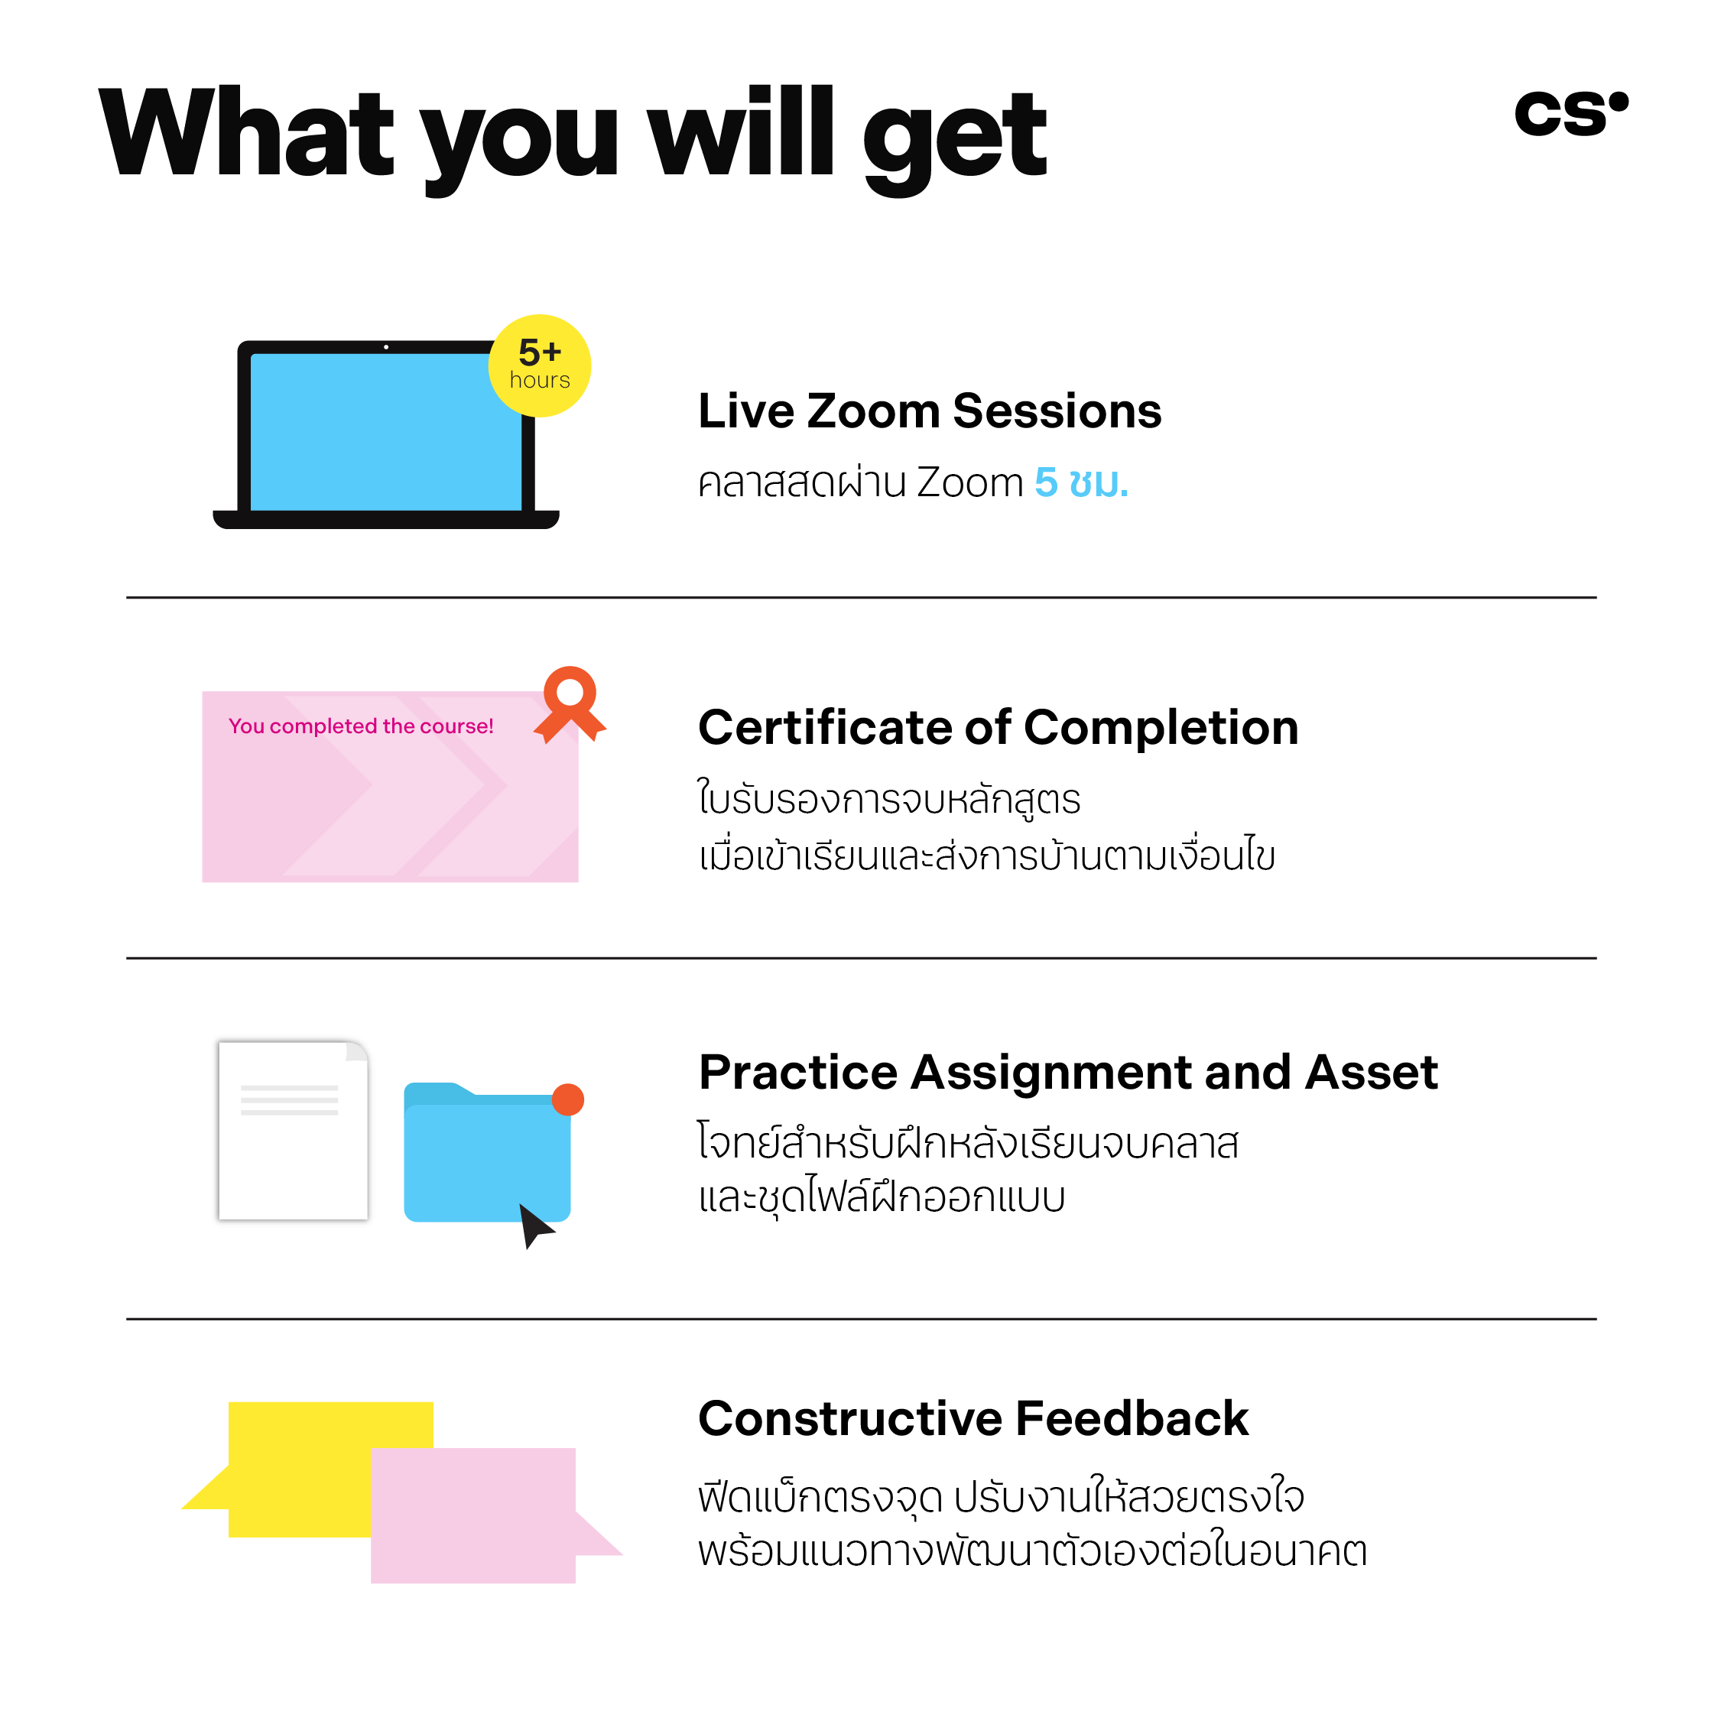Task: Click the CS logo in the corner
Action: click(1570, 113)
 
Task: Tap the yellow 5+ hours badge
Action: click(540, 365)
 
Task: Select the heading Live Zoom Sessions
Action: click(929, 411)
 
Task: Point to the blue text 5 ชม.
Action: click(1081, 482)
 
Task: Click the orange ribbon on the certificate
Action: click(570, 703)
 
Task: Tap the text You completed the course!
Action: click(361, 726)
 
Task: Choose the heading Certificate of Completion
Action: click(999, 727)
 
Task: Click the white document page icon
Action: click(293, 1129)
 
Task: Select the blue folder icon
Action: click(487, 1151)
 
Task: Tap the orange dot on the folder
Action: click(568, 1099)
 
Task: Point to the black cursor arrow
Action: click(535, 1226)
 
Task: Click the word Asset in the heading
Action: click(1372, 1072)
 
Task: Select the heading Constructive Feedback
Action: click(973, 1418)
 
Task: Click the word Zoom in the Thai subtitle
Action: click(970, 482)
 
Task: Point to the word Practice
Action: click(798, 1072)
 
